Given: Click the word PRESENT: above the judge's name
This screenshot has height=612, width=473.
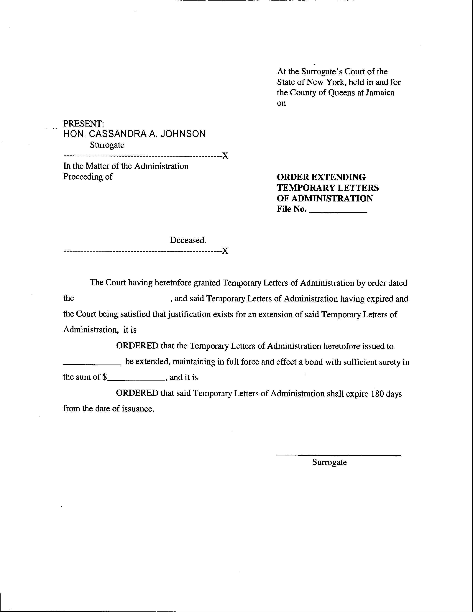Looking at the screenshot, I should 83,124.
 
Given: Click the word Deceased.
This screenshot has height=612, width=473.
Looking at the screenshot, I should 188,240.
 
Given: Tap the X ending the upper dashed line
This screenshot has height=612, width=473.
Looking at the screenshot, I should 225,155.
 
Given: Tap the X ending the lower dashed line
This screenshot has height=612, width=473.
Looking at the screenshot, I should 225,250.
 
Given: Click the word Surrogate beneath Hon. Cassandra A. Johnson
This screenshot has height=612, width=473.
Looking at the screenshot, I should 107,145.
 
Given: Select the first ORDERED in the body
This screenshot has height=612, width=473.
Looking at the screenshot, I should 137,346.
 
